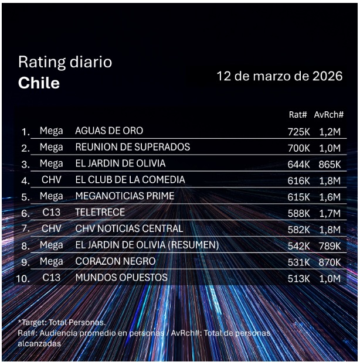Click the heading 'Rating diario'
point(64,62)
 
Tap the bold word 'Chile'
point(39,83)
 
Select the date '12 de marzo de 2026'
point(279,77)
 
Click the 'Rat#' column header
point(298,114)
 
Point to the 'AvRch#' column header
point(328,114)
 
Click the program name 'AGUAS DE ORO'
point(109,131)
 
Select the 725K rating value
point(298,132)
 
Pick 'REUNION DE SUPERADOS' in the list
point(133,147)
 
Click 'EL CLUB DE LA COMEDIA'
point(130,180)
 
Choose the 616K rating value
point(298,180)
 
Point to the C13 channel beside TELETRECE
point(51,213)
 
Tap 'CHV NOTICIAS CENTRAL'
point(129,228)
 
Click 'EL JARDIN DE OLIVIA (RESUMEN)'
point(147,245)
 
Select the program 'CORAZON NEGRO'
point(116,261)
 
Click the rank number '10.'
point(22,279)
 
